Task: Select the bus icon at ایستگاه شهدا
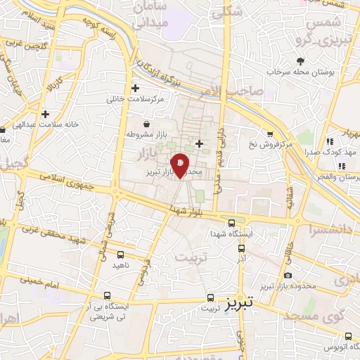233,219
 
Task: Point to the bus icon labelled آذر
243,247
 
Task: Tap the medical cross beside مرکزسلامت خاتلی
135,89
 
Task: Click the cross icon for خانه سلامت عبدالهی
46,113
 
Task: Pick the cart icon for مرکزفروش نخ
270,134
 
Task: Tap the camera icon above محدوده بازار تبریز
288,276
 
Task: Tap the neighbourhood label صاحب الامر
245,91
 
